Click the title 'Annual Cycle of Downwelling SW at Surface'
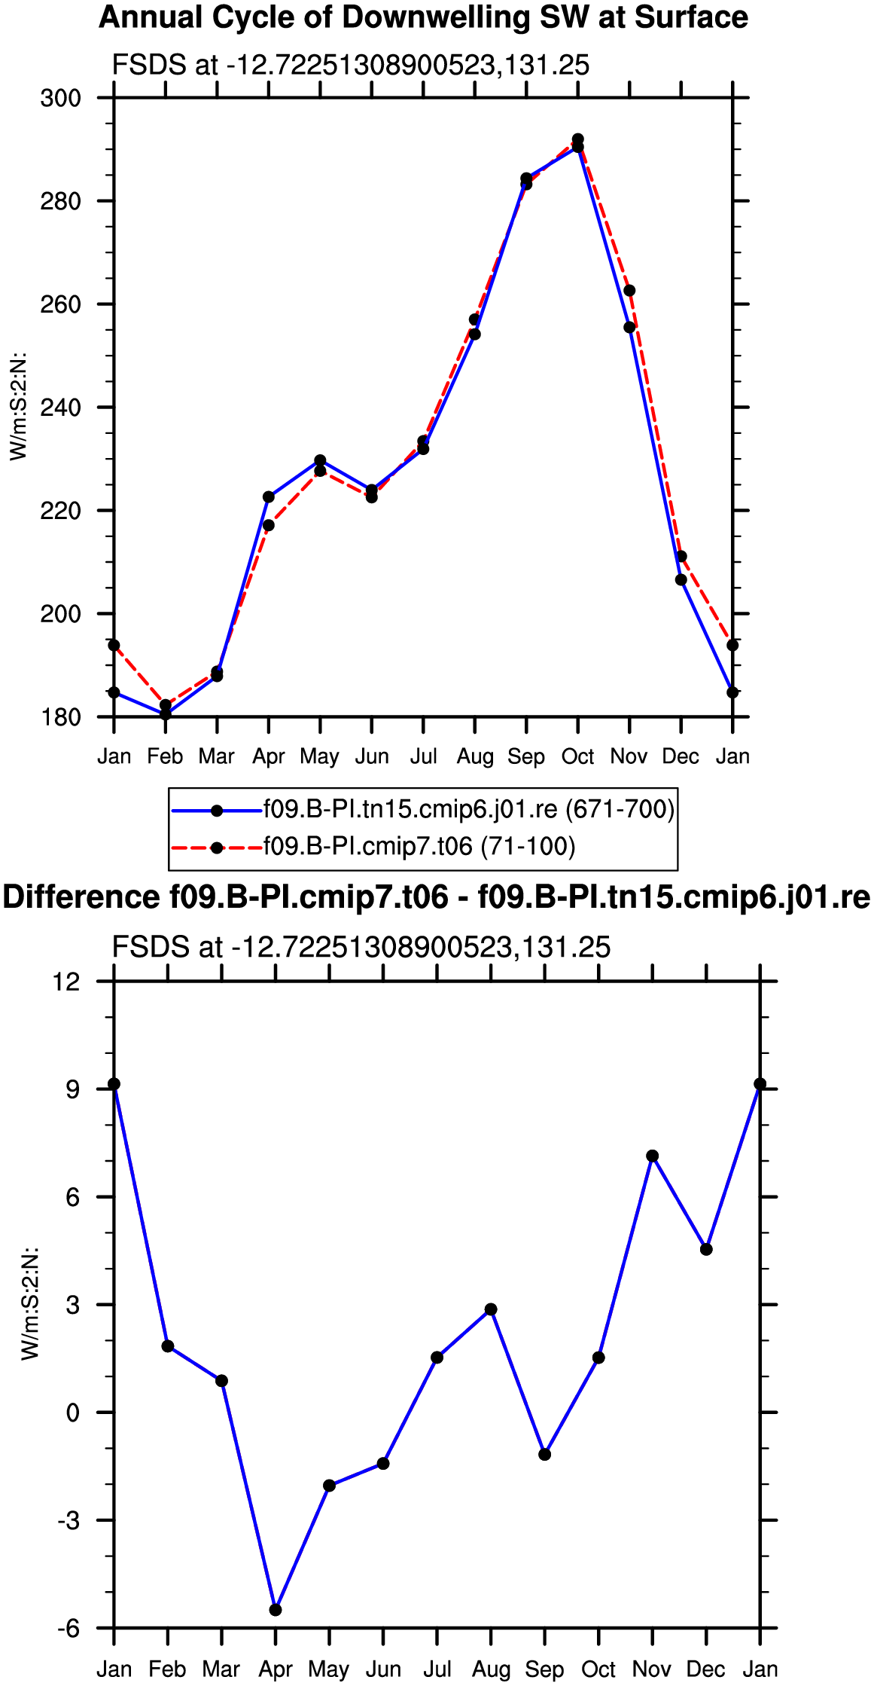pyautogui.click(x=423, y=17)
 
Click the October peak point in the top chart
pyautogui.click(x=577, y=140)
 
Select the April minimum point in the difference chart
pyautogui.click(x=276, y=1610)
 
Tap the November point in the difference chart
pyautogui.click(x=652, y=1156)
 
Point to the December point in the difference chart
pyautogui.click(x=706, y=1249)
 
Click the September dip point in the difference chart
pyautogui.click(x=545, y=1454)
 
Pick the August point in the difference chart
pyautogui.click(x=491, y=1309)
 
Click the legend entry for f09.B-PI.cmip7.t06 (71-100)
pyautogui.click(x=419, y=847)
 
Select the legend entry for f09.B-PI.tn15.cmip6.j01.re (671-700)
pyautogui.click(x=469, y=810)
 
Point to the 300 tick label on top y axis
pyautogui.click(x=60, y=98)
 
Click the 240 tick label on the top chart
pyautogui.click(x=60, y=408)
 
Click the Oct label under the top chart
pyautogui.click(x=577, y=756)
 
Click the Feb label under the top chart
pyautogui.click(x=165, y=756)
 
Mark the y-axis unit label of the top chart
pyautogui.click(x=18, y=407)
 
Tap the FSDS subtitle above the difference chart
pyautogui.click(x=361, y=947)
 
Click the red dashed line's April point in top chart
pyautogui.click(x=269, y=525)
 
